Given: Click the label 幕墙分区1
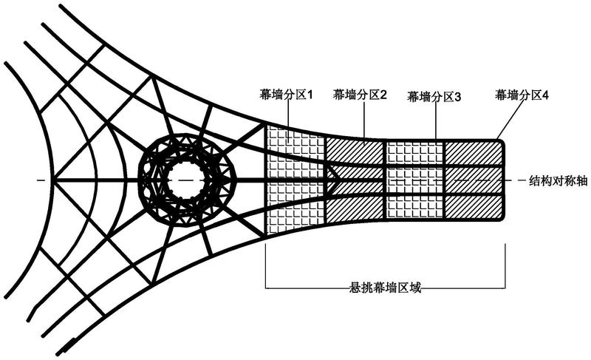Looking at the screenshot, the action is click(287, 94).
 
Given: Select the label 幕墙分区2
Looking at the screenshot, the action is click(359, 94).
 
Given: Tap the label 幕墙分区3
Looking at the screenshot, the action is click(434, 97).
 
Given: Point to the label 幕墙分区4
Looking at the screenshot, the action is click(522, 94).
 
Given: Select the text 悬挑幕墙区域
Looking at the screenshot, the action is click(385, 288).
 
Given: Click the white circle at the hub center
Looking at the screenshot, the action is click(185, 180).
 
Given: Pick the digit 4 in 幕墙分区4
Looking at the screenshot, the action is click(545, 95).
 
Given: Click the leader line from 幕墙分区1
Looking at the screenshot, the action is click(288, 122).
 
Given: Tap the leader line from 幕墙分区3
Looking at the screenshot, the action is click(436, 121).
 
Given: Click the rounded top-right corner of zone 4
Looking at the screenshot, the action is click(502, 142).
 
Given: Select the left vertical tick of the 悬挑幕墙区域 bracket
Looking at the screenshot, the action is click(266, 266).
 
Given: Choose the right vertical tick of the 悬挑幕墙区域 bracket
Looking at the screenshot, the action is click(505, 266).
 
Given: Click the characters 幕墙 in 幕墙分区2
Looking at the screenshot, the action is click(344, 94).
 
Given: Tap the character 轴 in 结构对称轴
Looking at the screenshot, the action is click(581, 181).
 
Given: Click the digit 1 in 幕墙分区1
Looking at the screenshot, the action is click(310, 95).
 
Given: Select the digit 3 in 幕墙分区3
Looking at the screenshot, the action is click(457, 97).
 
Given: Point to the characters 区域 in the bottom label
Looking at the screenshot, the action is click(409, 288).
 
